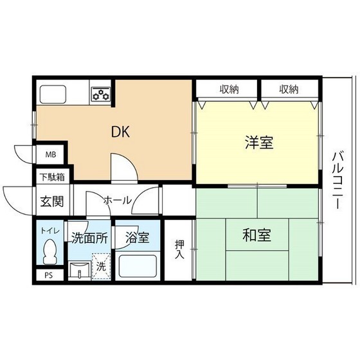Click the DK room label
pos(121,132)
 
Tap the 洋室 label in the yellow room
pos(259,143)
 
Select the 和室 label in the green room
pos(256,235)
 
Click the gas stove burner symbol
pos(100,94)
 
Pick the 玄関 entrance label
pos(52,201)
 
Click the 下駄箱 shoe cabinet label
pos(51,175)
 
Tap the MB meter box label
pos(50,155)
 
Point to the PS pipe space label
pos(49,276)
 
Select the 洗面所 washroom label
pos(89,237)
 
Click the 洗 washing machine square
pos(101,266)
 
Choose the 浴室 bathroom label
pos(138,237)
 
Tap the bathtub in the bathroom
pos(137,266)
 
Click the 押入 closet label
pos(179,249)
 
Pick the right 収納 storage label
pos(289,89)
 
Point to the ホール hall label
pos(118,201)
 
